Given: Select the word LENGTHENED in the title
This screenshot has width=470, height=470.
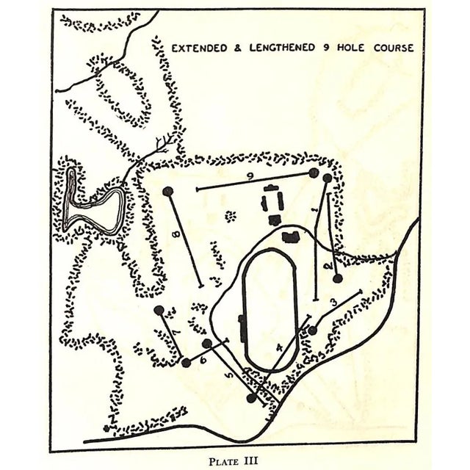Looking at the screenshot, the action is pos(282,48).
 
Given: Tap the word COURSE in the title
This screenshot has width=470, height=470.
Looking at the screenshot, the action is pos(388,48).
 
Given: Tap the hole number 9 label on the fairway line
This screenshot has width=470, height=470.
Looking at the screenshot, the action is pos(250,176).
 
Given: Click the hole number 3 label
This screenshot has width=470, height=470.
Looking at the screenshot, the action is pos(333,301).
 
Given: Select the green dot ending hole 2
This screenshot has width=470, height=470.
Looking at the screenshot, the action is pos(338,278).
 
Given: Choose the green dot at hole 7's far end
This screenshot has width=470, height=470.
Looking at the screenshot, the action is pos(159,310).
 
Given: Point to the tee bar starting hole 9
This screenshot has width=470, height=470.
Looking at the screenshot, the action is pos(198,189).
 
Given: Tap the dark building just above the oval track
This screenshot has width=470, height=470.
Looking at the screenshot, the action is pos(291,236).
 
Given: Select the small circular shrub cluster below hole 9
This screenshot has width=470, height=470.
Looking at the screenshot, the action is pos(231,217).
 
